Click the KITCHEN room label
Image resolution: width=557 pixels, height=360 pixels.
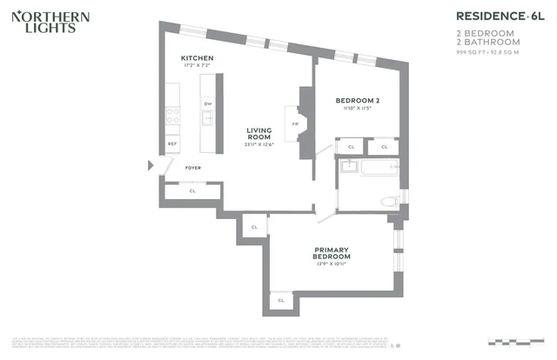pyautogui.click(x=197, y=58)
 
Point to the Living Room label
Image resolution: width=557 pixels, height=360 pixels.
pyautogui.click(x=259, y=134)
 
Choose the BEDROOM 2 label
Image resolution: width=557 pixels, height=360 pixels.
pyautogui.click(x=357, y=101)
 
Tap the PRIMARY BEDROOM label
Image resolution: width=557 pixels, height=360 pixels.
pyautogui.click(x=332, y=253)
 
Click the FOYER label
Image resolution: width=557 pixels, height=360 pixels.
pyautogui.click(x=192, y=167)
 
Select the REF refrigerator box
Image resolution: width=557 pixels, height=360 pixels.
pyautogui.click(x=172, y=143)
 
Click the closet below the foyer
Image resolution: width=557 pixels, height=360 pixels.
pyautogui.click(x=192, y=190)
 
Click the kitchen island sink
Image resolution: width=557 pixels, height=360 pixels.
pyautogui.click(x=207, y=119)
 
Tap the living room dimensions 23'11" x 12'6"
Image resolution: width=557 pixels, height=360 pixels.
pyautogui.click(x=259, y=144)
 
